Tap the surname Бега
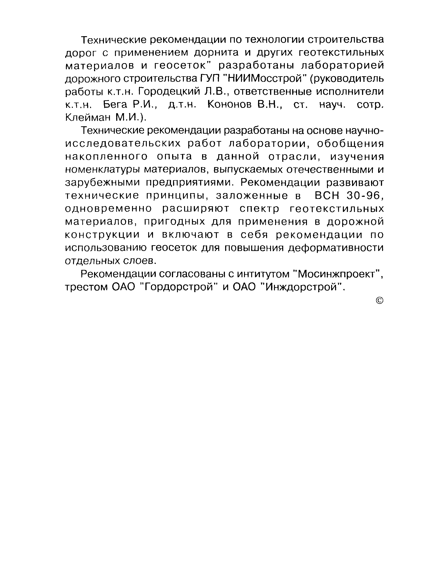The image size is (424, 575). point(115,104)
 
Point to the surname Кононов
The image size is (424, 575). point(229,104)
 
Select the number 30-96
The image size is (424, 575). point(363,196)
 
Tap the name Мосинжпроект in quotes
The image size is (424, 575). point(337,274)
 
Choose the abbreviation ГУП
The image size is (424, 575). point(209,78)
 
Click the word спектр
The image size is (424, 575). point(259,209)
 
